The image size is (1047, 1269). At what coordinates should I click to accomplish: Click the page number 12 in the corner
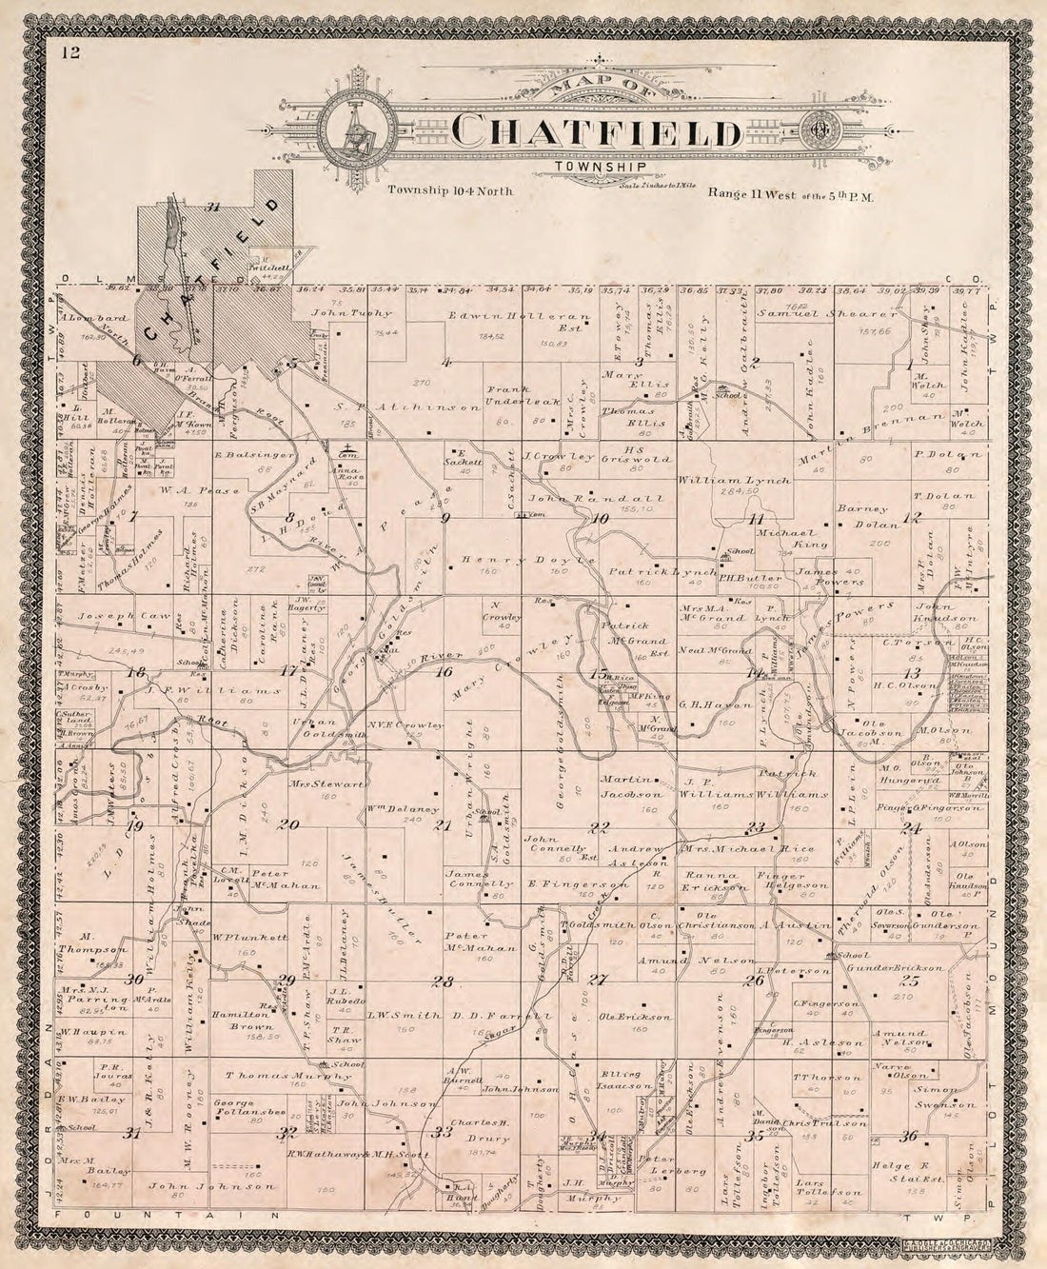[x=72, y=52]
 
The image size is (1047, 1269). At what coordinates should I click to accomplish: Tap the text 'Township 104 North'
[x=450, y=190]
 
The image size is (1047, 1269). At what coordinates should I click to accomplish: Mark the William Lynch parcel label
[x=734, y=482]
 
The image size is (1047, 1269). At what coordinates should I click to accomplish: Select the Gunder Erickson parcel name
[x=896, y=967]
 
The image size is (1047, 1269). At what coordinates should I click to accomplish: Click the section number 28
[x=442, y=981]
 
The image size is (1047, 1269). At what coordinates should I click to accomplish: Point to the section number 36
[x=908, y=1135]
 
